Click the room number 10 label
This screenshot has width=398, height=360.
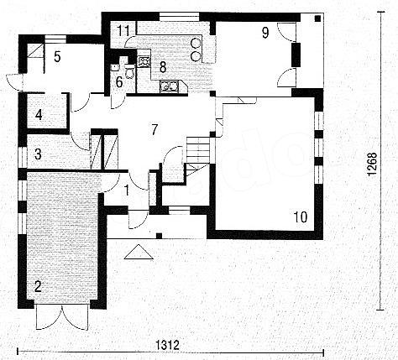click(301, 217)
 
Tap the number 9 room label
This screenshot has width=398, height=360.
click(265, 33)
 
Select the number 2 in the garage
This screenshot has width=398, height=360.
click(38, 286)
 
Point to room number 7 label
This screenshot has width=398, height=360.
click(154, 129)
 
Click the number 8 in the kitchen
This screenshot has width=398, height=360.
click(163, 67)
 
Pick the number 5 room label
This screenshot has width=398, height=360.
click(57, 57)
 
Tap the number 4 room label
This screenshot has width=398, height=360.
click(39, 115)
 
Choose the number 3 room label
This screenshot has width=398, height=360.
click(38, 154)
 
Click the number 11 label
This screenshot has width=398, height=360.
click(123, 30)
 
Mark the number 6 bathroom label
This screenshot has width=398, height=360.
click(119, 82)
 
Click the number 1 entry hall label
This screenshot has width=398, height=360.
click(127, 190)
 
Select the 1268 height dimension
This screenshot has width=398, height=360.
click(372, 164)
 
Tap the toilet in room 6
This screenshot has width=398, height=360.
click(129, 71)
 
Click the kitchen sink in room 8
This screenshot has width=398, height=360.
click(169, 86)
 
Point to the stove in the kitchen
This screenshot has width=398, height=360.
click(144, 62)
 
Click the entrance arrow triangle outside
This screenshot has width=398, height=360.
click(139, 252)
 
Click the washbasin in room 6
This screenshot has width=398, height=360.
click(115, 67)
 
